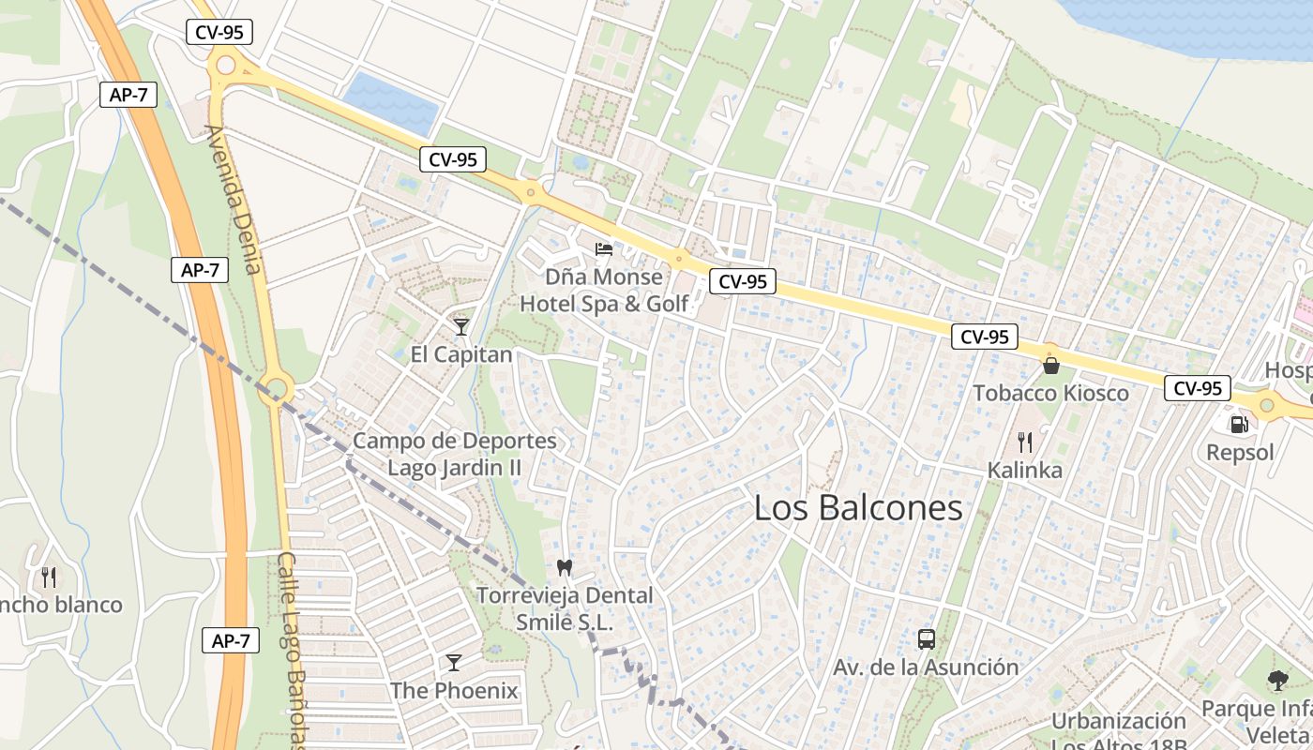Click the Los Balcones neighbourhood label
pos(858,508)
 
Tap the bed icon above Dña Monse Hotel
pos(605,249)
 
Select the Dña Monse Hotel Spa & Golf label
pos(604,291)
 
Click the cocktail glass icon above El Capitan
pos(461,326)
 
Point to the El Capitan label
pos(461,354)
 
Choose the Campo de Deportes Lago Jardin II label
pos(455,454)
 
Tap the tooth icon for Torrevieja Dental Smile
pos(565,566)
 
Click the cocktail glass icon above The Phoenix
pos(454,663)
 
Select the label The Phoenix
pos(454,691)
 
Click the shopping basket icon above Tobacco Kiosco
pos(1051,365)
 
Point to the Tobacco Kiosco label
pos(1050,393)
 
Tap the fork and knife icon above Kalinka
pos(1025,442)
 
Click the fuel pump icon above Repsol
pos(1240,425)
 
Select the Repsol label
pos(1240,453)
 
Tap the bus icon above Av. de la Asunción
pos(927,639)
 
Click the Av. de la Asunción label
pos(926,667)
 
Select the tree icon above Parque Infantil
pos(1276,681)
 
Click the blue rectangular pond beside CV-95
pos(391,100)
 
